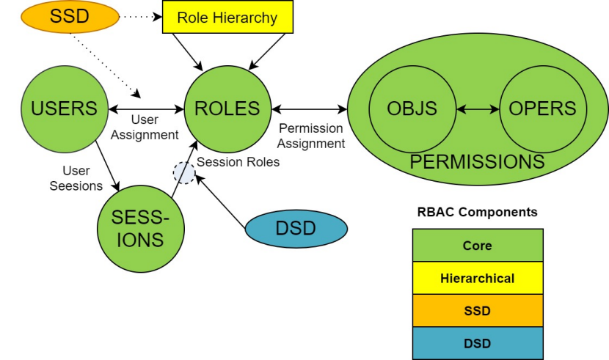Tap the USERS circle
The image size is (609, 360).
tap(64, 109)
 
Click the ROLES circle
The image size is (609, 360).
tap(227, 109)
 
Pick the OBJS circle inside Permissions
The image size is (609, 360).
tap(412, 109)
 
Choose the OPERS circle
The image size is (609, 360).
tap(542, 109)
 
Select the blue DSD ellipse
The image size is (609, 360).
tap(295, 229)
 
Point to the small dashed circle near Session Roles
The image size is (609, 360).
tap(183, 173)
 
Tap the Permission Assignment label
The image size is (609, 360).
tap(311, 136)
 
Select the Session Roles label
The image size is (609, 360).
tap(238, 162)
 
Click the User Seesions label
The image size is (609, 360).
tap(76, 178)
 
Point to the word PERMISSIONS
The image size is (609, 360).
tap(477, 162)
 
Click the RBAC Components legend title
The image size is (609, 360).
tap(478, 213)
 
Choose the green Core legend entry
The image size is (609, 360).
tap(478, 246)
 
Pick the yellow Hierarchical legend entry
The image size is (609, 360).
tap(478, 278)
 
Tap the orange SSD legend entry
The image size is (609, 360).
tap(478, 311)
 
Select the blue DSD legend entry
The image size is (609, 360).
tap(478, 343)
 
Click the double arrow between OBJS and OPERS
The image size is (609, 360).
tap(477, 109)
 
